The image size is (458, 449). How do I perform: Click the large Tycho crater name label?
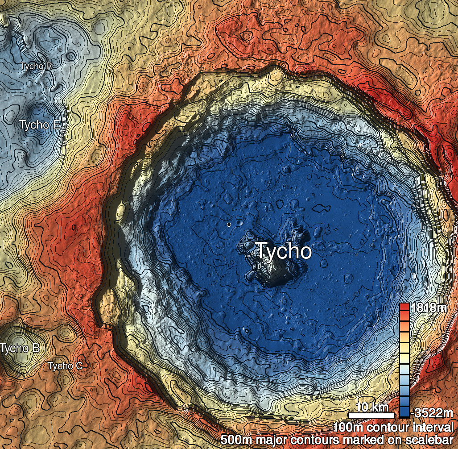tap(283, 251)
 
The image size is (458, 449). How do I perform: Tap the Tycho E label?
tap(40, 125)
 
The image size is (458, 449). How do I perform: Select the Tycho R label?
tap(36, 66)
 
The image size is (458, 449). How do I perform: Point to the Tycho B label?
tap(20, 348)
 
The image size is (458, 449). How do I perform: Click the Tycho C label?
tap(66, 366)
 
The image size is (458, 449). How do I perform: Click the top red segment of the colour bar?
tap(404, 307)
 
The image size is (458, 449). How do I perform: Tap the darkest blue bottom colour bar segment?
tap(404, 412)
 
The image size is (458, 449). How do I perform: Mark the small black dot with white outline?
tap(229, 224)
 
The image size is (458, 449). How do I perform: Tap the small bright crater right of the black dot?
tap(240, 221)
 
